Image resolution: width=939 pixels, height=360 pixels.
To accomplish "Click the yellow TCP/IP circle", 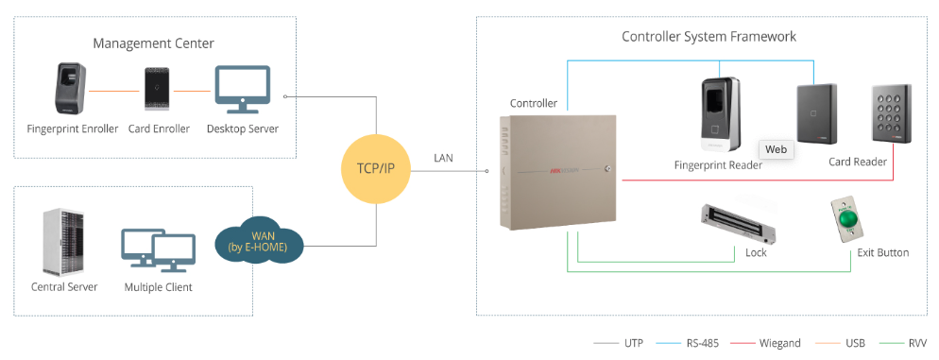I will click(x=377, y=169).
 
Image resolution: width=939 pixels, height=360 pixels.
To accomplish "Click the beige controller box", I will click(x=556, y=170).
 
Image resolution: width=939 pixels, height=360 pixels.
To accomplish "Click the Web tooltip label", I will click(x=776, y=149).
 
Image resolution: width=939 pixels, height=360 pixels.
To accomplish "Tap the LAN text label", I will click(x=444, y=157).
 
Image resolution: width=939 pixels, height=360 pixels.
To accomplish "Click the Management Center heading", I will click(x=153, y=43).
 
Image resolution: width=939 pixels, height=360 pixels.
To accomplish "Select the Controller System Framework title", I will click(x=709, y=37).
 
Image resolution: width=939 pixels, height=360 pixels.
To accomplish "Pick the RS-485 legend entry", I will click(x=693, y=343).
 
